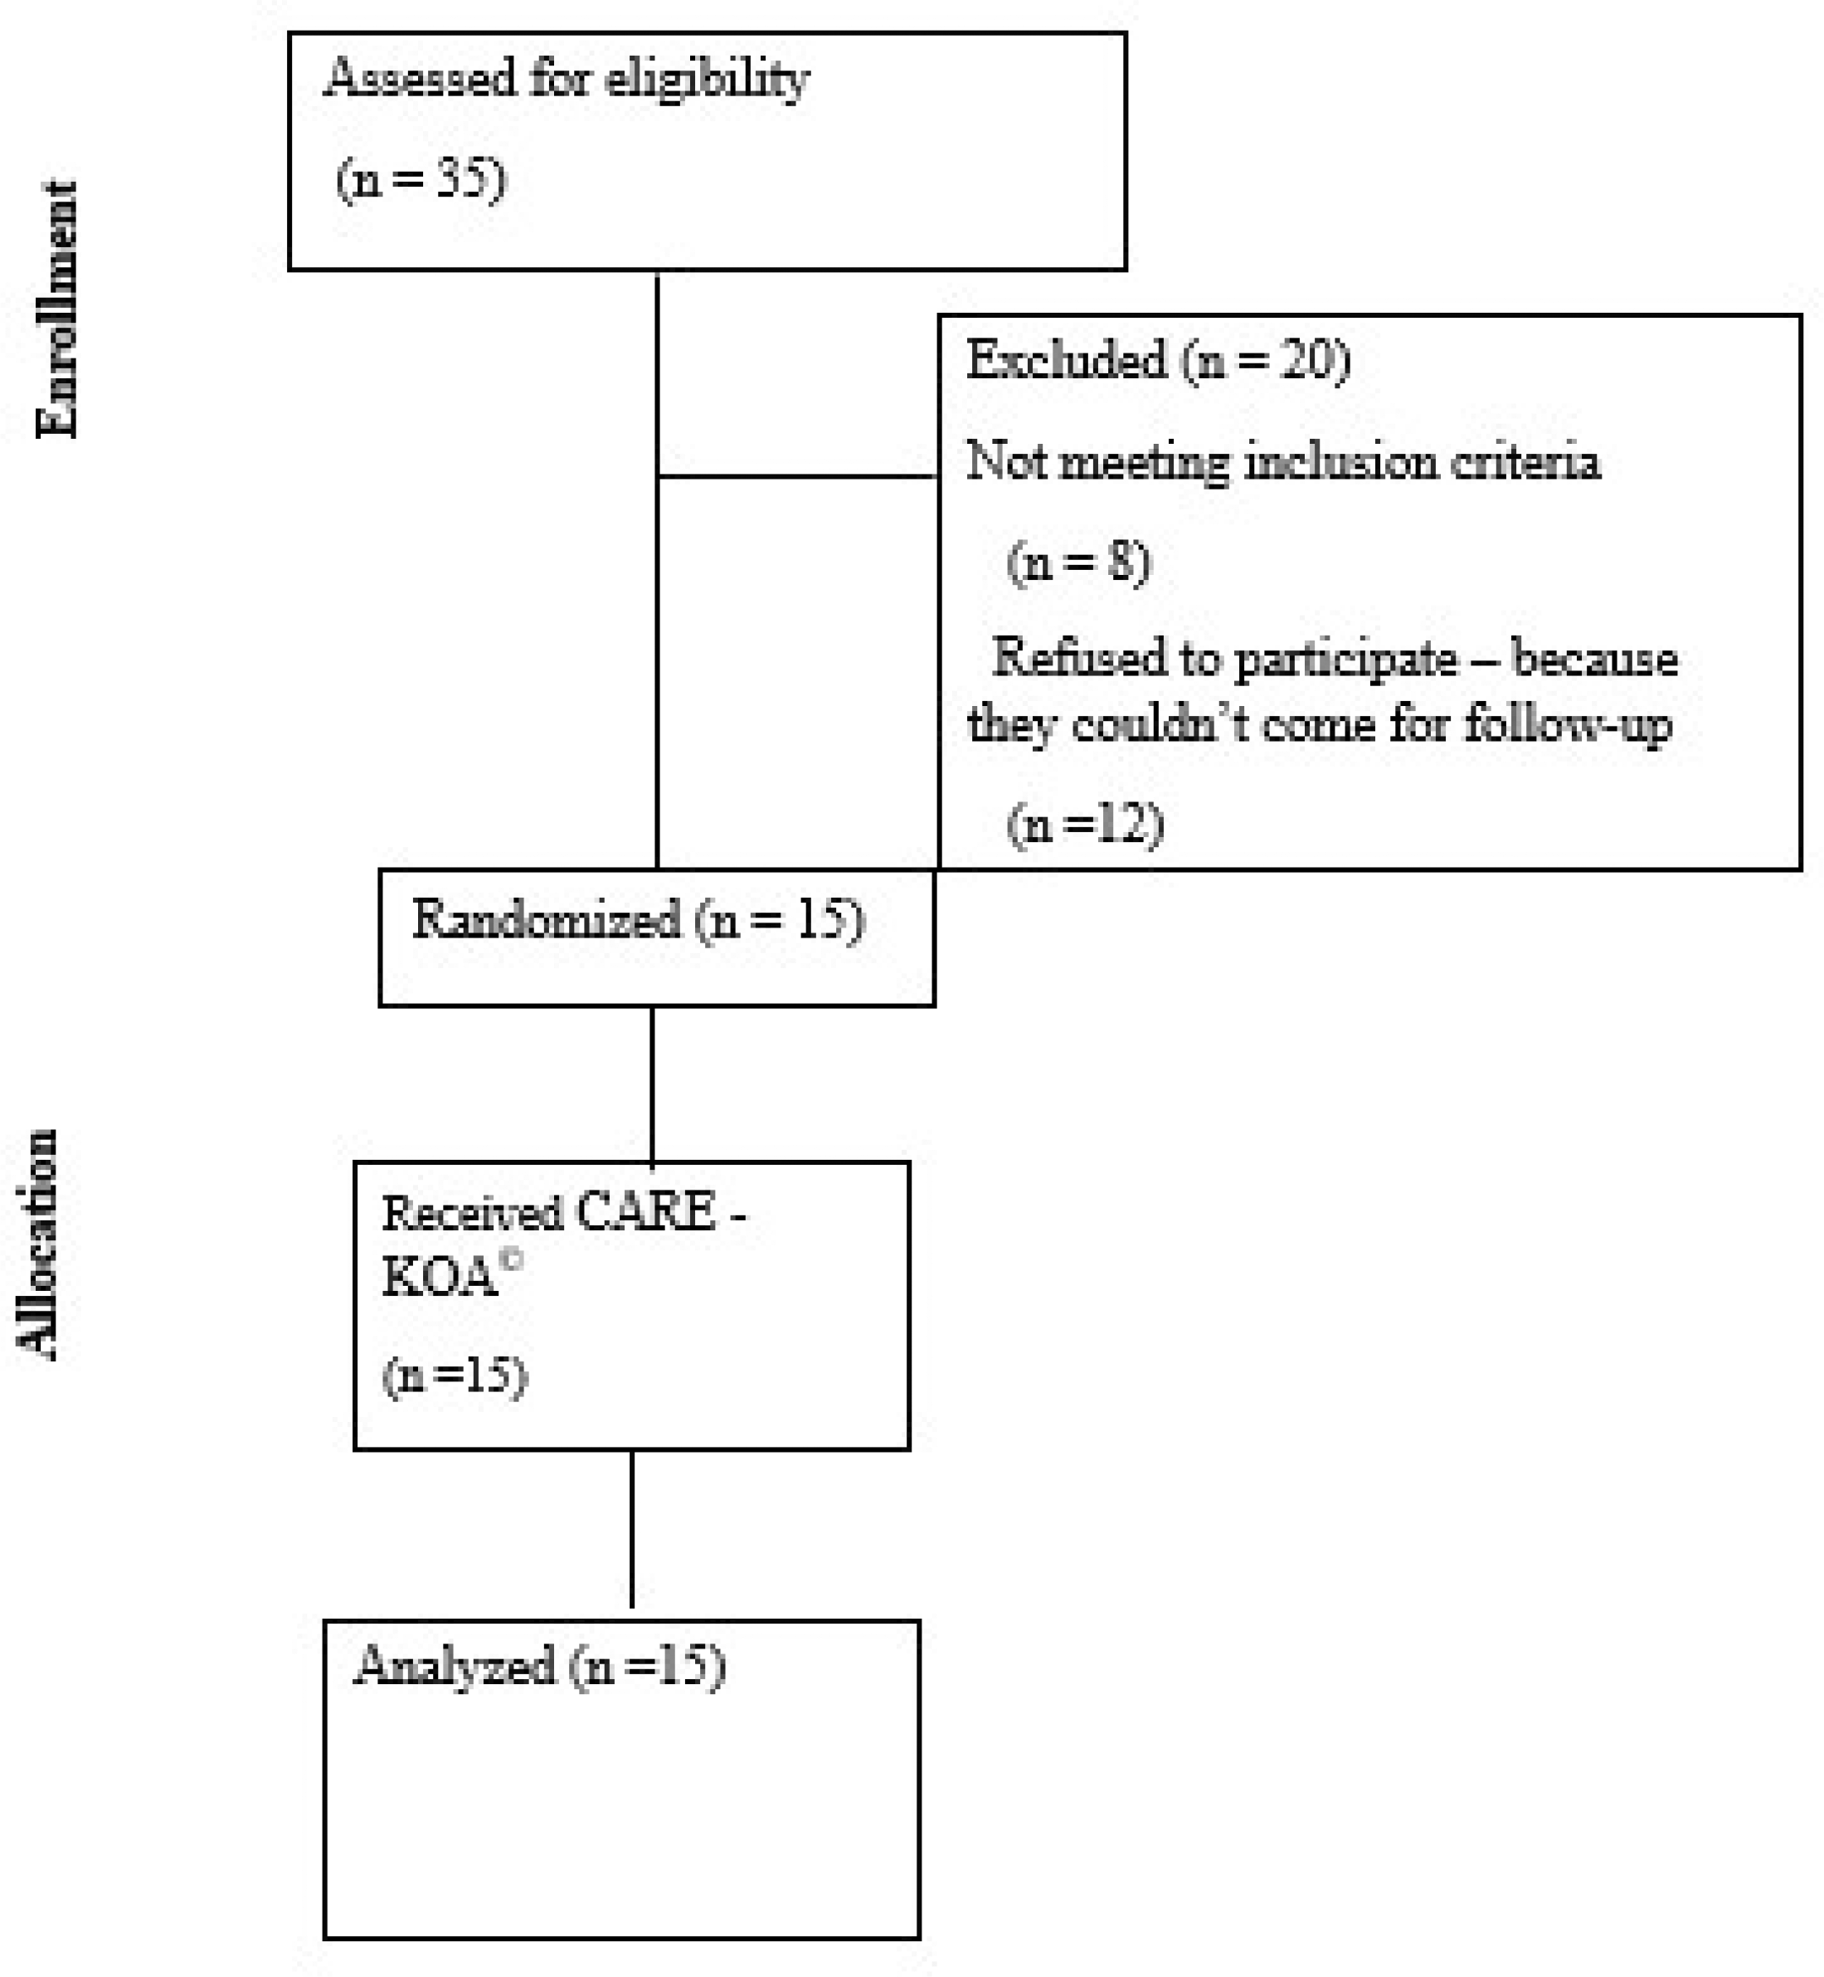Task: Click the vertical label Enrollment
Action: pos(56,309)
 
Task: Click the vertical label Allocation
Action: pos(37,1244)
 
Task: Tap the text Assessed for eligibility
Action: pos(567,79)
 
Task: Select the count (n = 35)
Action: pos(421,180)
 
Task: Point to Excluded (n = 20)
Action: pos(1159,359)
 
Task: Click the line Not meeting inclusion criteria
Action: pos(1283,462)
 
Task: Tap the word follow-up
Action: pos(1569,725)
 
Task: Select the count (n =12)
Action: pos(1085,823)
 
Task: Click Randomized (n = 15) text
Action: pos(638,920)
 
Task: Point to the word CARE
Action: pos(646,1212)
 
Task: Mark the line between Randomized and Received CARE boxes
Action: pos(653,1084)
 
